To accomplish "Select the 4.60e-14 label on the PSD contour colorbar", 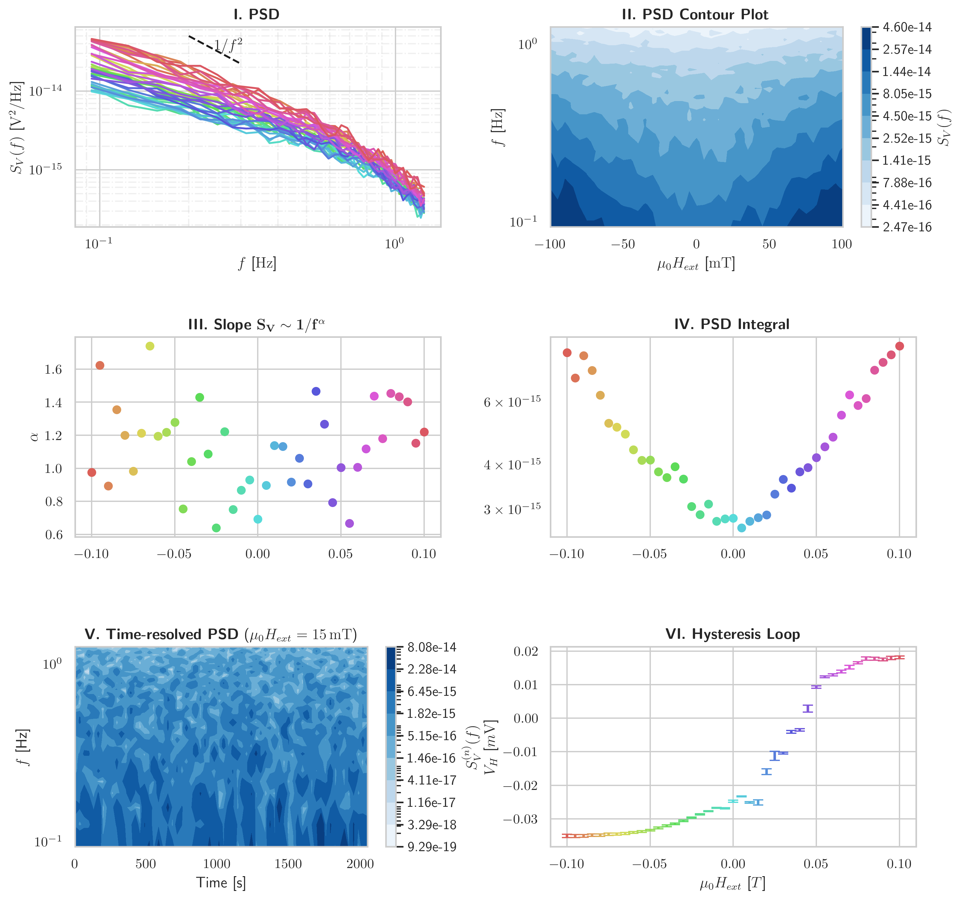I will [x=907, y=27].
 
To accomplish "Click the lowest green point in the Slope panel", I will [x=216, y=528].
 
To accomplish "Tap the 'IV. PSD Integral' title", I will [x=732, y=325].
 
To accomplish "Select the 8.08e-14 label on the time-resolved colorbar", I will [x=432, y=648].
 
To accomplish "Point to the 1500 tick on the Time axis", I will [x=288, y=864].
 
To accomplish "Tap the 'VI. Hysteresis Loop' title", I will [x=732, y=634].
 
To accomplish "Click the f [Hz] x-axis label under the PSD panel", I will [x=257, y=264].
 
